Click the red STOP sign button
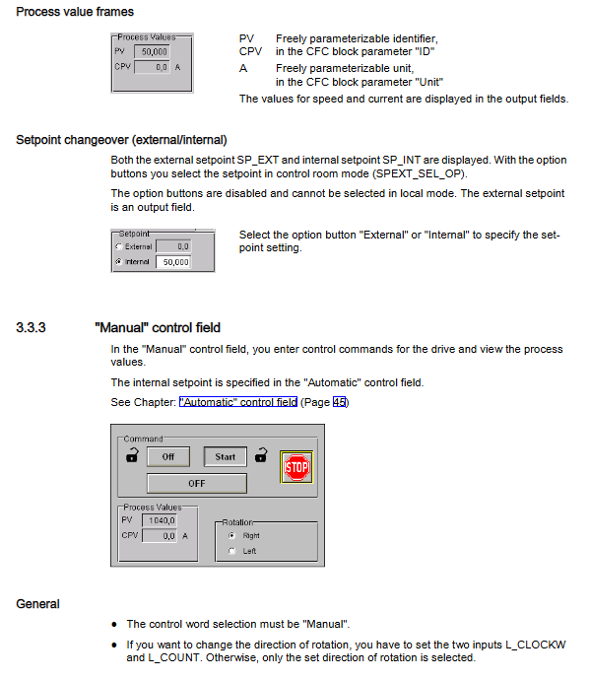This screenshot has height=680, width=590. [x=296, y=467]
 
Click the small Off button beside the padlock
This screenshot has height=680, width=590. [x=168, y=456]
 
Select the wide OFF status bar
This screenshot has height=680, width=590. [x=197, y=483]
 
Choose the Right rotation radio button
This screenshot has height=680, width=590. [x=231, y=535]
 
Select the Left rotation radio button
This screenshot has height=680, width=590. [x=231, y=551]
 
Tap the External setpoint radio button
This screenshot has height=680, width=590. [x=119, y=246]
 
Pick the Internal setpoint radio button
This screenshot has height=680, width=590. [x=119, y=261]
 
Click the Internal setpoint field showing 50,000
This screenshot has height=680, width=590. [x=173, y=262]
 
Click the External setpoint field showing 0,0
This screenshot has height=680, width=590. [x=173, y=246]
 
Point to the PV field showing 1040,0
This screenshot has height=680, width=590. [x=160, y=520]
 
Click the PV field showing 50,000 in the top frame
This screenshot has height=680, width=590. [x=152, y=51]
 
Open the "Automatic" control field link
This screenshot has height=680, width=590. [x=238, y=402]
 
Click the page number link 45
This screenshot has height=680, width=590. [x=339, y=402]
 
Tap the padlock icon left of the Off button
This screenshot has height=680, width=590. [x=132, y=455]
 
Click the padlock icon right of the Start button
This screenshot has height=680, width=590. [x=261, y=455]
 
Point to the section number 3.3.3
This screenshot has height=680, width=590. [x=31, y=327]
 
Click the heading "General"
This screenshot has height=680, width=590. [x=37, y=604]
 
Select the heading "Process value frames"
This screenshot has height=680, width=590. [x=75, y=12]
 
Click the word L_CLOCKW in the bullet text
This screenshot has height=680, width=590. [x=536, y=645]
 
